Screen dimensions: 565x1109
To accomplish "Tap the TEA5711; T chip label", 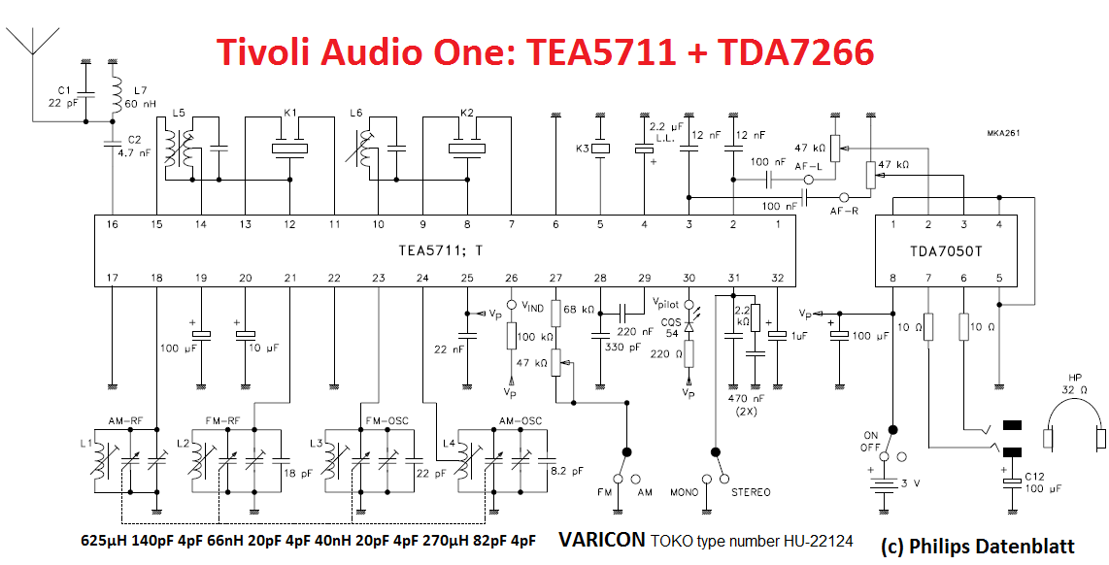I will point(440,250).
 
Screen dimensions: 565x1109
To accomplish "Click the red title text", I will point(544,50).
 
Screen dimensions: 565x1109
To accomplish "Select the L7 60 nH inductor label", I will point(140,95).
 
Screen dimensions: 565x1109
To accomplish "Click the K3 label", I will point(583,149).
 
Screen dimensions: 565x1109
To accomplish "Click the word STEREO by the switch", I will point(752,492).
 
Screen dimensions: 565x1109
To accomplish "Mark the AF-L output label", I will point(808,166).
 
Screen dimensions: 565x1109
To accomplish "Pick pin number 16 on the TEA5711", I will point(113,224).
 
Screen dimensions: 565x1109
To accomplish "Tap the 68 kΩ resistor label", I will point(582,309).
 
